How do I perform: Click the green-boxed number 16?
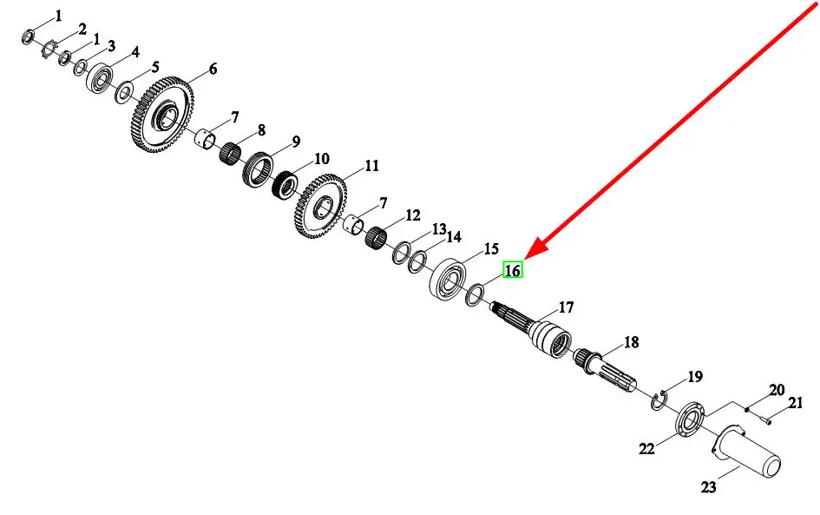513,269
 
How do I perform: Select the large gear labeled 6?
161,115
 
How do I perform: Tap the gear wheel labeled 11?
321,207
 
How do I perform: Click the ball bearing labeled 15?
448,279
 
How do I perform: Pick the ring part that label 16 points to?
475,295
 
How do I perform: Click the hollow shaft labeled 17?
532,331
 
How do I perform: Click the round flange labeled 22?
691,419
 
